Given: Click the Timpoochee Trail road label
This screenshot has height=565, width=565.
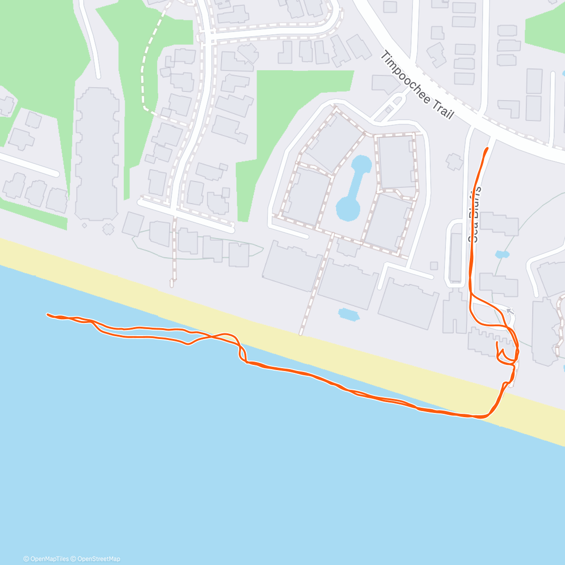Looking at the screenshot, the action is coord(417,86).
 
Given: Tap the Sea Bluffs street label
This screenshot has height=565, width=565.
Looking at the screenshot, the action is coord(476,214).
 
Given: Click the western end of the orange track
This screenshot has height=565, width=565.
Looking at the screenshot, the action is coord(48,314).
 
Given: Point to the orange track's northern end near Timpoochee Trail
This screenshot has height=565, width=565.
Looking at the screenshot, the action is coord(487,148).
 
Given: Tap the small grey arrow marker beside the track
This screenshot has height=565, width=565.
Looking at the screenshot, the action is coord(510,311).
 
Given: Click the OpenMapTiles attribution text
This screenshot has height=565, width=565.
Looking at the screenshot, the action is coord(46,559).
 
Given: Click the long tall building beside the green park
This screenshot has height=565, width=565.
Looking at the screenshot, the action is coord(97,151).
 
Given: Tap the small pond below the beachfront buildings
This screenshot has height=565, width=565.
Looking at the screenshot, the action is coord(348,314).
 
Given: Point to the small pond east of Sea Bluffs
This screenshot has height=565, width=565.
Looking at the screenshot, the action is coord(502,255).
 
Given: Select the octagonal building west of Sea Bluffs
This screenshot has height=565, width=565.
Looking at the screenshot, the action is coord(454,161).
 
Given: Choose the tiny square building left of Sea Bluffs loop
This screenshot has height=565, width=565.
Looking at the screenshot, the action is coord(434,266).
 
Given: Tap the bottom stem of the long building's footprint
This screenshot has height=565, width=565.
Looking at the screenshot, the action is coord(108,229).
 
